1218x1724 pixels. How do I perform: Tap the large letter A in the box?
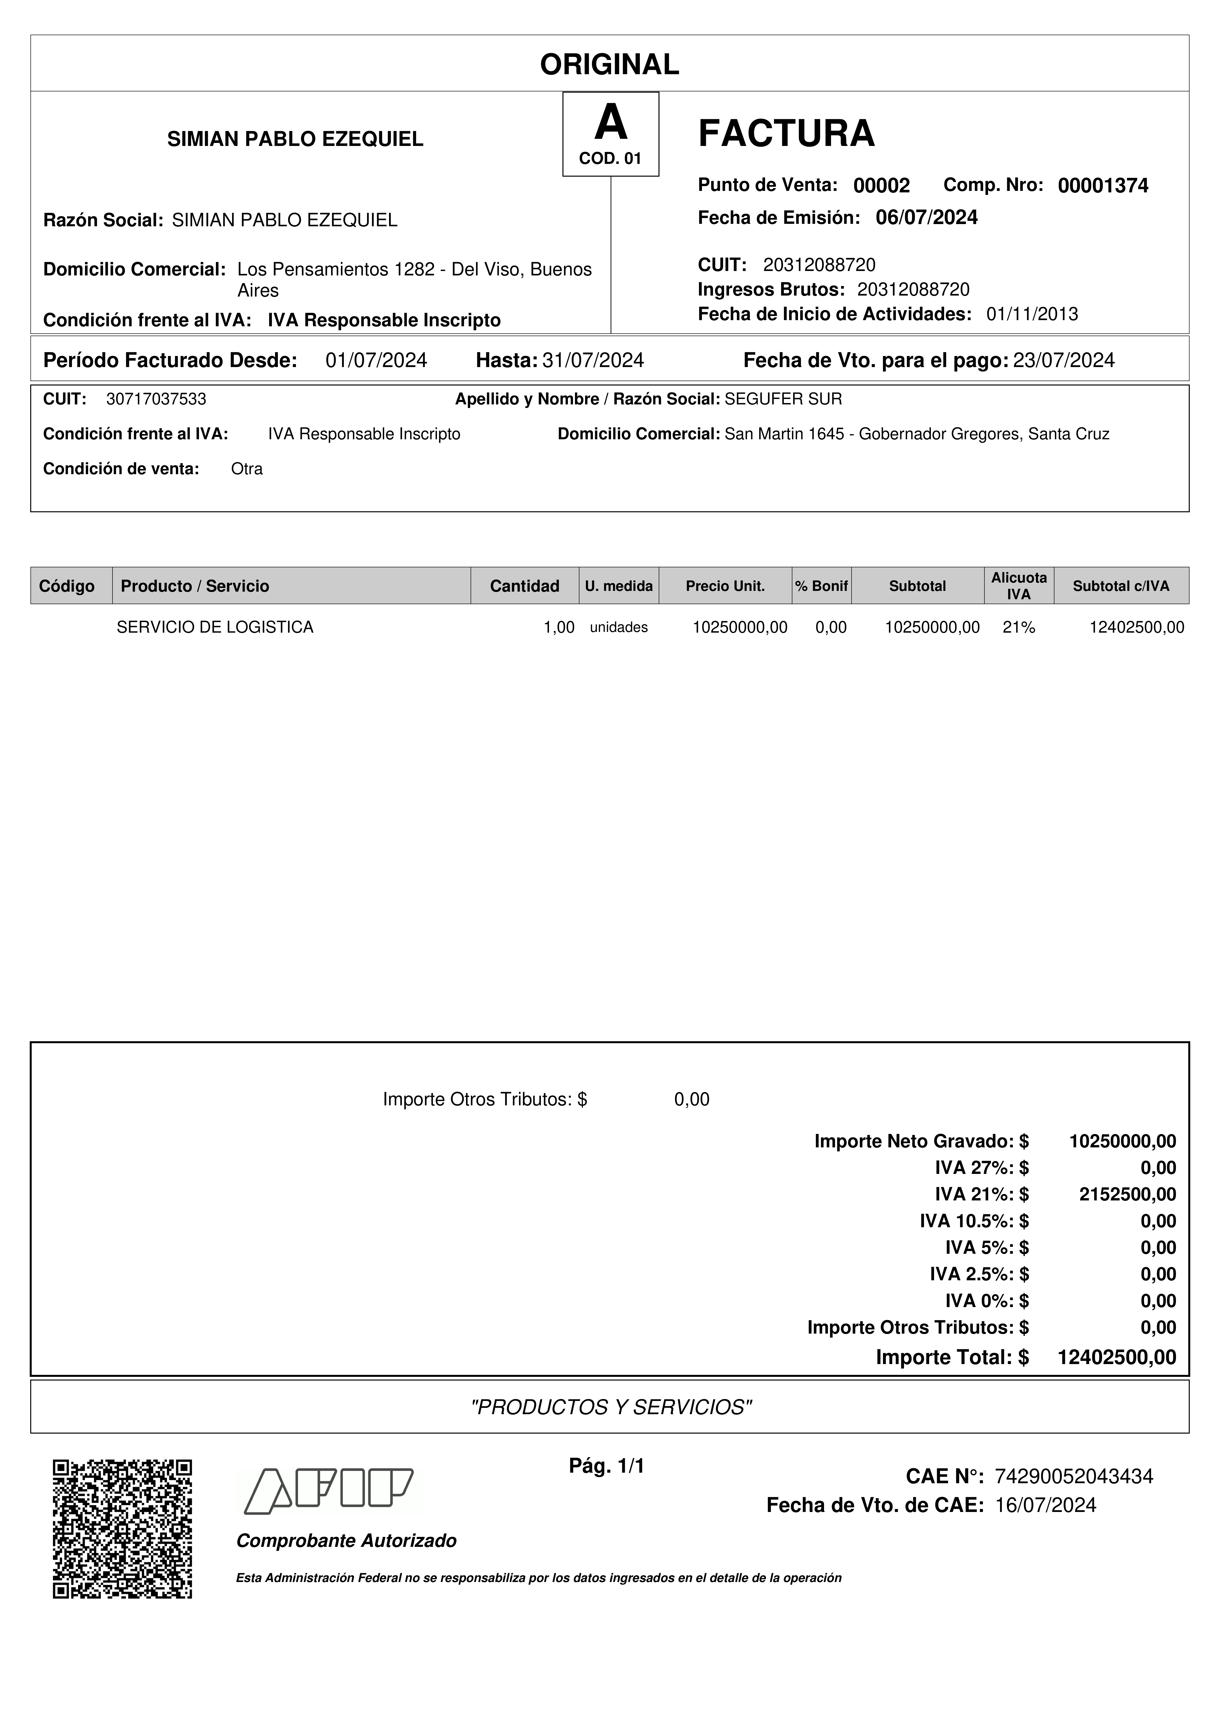point(610,124)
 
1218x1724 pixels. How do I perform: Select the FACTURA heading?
point(786,134)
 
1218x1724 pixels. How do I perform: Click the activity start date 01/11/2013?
point(1032,314)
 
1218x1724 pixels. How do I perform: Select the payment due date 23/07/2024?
point(1064,360)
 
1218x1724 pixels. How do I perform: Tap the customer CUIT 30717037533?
point(156,399)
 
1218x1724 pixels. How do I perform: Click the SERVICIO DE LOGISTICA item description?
point(215,627)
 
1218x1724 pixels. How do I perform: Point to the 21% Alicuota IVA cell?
point(1018,627)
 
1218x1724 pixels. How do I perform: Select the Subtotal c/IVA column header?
point(1120,586)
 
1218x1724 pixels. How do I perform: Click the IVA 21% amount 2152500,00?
point(1127,1194)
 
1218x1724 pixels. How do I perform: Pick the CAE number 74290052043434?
point(1073,1476)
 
